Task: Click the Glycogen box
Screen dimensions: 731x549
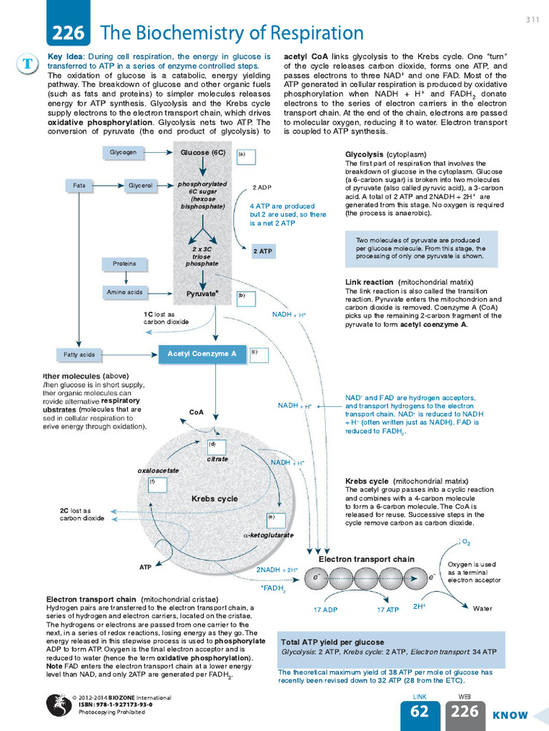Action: click(123, 152)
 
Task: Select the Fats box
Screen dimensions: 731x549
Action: click(79, 186)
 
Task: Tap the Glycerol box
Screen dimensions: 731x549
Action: click(140, 186)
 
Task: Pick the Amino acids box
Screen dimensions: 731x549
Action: click(124, 292)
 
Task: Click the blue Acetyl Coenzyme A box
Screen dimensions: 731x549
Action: click(202, 353)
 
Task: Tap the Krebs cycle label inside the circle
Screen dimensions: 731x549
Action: click(214, 498)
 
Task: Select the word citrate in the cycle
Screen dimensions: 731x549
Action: click(217, 459)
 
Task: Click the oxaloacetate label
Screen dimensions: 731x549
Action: click(157, 471)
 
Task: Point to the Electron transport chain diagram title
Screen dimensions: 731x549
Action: click(367, 559)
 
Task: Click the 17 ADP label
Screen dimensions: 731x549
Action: click(325, 610)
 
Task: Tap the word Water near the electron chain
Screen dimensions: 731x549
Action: click(483, 609)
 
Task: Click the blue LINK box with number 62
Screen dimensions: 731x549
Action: click(420, 715)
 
